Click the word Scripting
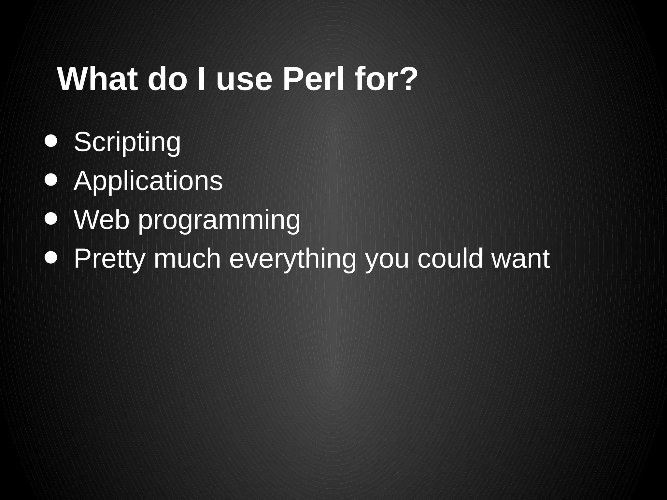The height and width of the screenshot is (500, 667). coord(127,142)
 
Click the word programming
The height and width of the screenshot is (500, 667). coord(219,221)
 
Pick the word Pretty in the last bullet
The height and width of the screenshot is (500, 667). coord(109,259)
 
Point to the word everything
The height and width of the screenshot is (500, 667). coord(293,259)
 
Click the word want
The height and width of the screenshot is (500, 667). coord(521,259)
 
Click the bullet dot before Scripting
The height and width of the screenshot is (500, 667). coord(51,141)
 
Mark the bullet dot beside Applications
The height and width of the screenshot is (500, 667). coord(51,180)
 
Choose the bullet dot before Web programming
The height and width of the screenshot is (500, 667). coord(51,219)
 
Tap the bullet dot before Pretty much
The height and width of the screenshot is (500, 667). coord(51,257)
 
